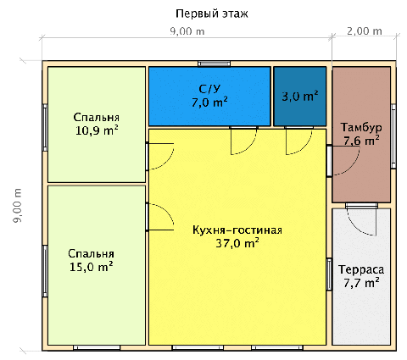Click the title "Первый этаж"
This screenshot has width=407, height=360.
[x=212, y=14]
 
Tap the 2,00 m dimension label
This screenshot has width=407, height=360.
[x=365, y=30]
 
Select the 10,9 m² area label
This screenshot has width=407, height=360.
[x=97, y=130]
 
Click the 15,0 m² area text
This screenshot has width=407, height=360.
[x=92, y=267]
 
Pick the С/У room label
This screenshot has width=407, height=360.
[x=209, y=89]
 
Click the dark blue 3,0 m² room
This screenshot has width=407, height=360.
[x=300, y=97]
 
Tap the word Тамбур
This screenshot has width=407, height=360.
[x=361, y=127]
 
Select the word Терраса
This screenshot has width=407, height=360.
[x=361, y=269]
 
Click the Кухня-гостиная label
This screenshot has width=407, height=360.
[x=237, y=230]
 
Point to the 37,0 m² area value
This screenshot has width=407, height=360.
[x=237, y=243]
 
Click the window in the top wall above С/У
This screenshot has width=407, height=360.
[x=214, y=64]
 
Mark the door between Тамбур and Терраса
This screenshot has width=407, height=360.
[x=361, y=219]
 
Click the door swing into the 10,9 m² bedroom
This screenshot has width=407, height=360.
[x=160, y=157]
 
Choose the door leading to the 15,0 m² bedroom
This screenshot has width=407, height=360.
[x=160, y=217]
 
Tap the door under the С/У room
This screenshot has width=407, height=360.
[x=243, y=141]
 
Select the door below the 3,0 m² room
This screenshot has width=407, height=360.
[x=298, y=141]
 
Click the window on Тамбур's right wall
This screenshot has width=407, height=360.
[x=393, y=136]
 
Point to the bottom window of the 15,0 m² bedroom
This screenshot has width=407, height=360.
[x=97, y=347]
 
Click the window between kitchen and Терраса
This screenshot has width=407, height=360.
[x=329, y=274]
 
